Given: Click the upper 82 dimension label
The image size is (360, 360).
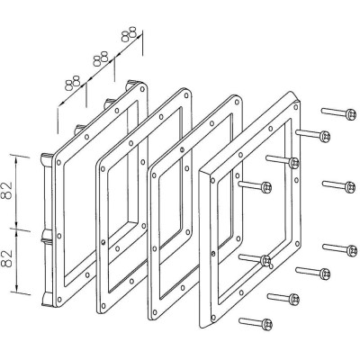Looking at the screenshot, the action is click(x=8, y=190).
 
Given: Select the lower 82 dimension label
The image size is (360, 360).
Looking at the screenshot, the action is click(x=8, y=258).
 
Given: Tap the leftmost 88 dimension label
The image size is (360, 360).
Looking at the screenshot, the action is click(x=73, y=83).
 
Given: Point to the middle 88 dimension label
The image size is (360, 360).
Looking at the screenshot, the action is click(x=100, y=58).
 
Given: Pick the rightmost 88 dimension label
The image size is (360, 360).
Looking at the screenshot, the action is click(x=129, y=34).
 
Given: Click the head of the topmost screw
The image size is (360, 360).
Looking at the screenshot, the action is click(x=351, y=114).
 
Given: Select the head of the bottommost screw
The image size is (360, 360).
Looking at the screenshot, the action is click(x=266, y=324).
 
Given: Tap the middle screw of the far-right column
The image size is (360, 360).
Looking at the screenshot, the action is click(x=350, y=187).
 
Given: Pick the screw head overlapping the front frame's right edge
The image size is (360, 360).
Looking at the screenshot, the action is click(x=294, y=163).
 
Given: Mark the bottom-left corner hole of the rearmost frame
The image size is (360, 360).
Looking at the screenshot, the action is click(x=59, y=299).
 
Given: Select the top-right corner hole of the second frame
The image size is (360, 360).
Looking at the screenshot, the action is click(x=186, y=95).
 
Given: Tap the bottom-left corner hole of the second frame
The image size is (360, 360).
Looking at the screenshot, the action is click(x=103, y=306).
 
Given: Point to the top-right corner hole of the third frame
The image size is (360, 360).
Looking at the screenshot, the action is click(x=237, y=103).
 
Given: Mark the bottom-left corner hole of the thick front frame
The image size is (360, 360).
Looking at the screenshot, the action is click(x=213, y=318).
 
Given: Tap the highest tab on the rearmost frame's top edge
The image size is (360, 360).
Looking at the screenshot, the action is click(x=131, y=84).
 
